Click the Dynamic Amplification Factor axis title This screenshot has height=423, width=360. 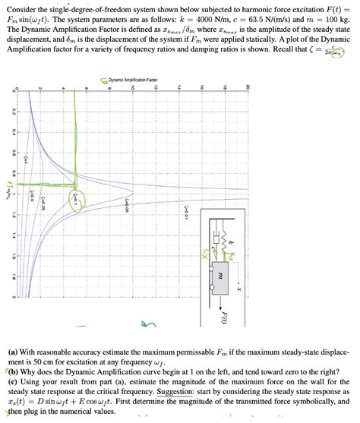[131, 80]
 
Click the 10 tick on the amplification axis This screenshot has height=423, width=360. [131, 88]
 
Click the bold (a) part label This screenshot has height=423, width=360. [12, 353]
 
